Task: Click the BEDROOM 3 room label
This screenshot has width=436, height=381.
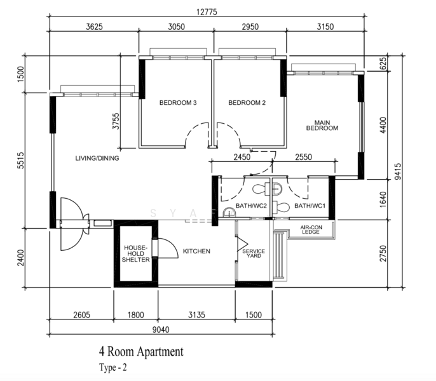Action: [x=178, y=103]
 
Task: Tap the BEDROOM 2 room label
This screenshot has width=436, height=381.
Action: [x=247, y=103]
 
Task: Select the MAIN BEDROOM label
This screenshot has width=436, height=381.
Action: [x=322, y=125]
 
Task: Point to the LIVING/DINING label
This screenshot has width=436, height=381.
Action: [x=97, y=158]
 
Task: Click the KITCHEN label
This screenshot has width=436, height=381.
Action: [x=196, y=251]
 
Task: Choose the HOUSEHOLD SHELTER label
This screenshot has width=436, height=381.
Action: [x=136, y=254]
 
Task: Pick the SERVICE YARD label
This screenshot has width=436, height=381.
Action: [x=254, y=253]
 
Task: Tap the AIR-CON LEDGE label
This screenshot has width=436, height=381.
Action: [x=311, y=229]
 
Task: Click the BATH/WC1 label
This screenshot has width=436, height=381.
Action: [x=310, y=206]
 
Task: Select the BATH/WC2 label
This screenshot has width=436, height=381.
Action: [x=251, y=206]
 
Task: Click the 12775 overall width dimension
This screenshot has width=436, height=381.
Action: [x=207, y=12]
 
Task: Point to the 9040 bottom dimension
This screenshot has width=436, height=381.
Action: [x=161, y=330]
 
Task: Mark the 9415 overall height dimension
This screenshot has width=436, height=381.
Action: [x=398, y=171]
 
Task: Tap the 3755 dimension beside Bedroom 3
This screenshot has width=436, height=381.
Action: [x=116, y=121]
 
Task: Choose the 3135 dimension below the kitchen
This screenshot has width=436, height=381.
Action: [x=196, y=315]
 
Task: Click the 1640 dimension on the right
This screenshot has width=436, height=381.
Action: [x=383, y=199]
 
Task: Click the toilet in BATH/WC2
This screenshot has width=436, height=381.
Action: [x=261, y=189]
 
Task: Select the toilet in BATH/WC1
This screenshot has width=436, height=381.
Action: [x=281, y=207]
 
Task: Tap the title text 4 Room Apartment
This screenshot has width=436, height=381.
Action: [x=141, y=352]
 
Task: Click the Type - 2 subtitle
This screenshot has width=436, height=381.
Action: [x=113, y=368]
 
